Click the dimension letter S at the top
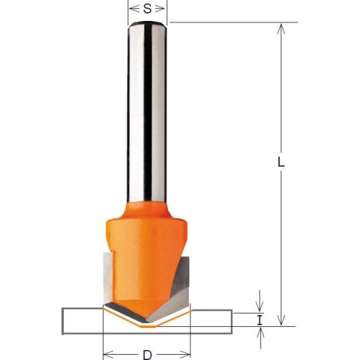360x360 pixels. pyautogui.click(x=148, y=9)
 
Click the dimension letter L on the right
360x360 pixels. pyautogui.click(x=281, y=163)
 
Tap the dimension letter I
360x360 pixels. pyautogui.click(x=260, y=320)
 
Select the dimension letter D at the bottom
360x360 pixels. pyautogui.click(x=148, y=355)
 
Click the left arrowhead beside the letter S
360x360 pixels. pyautogui.click(x=134, y=9)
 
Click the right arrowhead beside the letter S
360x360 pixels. pyautogui.click(x=160, y=9)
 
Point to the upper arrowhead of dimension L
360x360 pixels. pyautogui.click(x=281, y=29)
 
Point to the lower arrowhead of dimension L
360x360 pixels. pyautogui.click(x=281, y=320)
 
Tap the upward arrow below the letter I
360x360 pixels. pyautogui.click(x=260, y=338)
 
